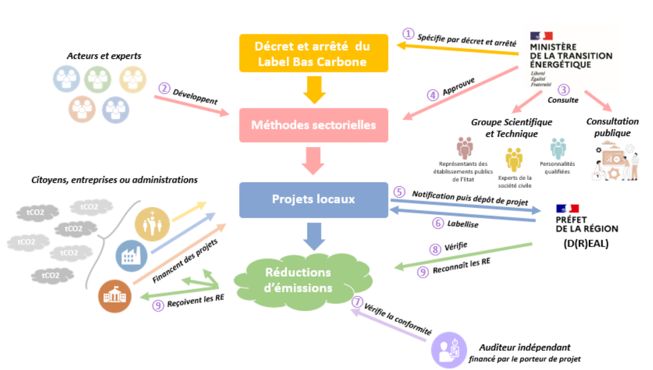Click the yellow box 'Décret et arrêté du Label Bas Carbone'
click(313, 53)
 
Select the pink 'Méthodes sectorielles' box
click(313, 125)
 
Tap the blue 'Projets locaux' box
click(313, 199)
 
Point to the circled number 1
click(408, 34)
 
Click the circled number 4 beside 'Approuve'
click(433, 95)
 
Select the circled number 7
click(357, 302)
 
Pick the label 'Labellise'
click(462, 223)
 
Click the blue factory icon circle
click(128, 256)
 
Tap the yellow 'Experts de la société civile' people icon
click(514, 160)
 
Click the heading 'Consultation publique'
click(612, 127)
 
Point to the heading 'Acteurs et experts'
click(104, 56)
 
